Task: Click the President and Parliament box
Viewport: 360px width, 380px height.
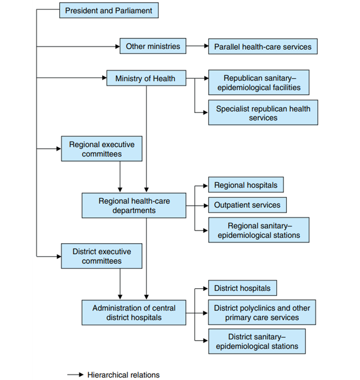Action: pyautogui.click(x=109, y=10)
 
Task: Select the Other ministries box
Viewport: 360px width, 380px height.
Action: pyautogui.click(x=153, y=46)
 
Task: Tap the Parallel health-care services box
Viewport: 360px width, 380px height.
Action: pyautogui.click(x=263, y=46)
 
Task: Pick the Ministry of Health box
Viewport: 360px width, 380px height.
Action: pyautogui.click(x=146, y=78)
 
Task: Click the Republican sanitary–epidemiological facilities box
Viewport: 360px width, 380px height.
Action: pyautogui.click(x=259, y=82)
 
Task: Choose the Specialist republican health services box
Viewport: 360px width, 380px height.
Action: pyautogui.click(x=263, y=112)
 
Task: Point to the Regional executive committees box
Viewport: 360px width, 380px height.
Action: pyautogui.click(x=102, y=149)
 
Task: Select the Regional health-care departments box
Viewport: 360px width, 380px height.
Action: pyautogui.click(x=134, y=205)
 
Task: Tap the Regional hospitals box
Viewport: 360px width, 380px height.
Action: pyautogui.click(x=246, y=185)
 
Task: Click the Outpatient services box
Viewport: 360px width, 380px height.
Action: pyautogui.click(x=247, y=205)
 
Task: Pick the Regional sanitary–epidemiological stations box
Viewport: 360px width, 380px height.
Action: pyautogui.click(x=259, y=230)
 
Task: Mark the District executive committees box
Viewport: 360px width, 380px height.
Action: pyautogui.click(x=102, y=256)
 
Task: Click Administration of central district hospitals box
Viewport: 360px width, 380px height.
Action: pyautogui.click(x=134, y=313)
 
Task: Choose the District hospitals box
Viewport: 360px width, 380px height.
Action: pyautogui.click(x=242, y=288)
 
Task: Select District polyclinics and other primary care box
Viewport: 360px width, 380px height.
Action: pyautogui.click(x=262, y=313)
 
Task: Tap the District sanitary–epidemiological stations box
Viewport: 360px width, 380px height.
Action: pyautogui.click(x=257, y=341)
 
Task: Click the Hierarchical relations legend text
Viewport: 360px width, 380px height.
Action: pyautogui.click(x=123, y=375)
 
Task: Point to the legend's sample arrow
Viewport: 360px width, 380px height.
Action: pyautogui.click(x=75, y=375)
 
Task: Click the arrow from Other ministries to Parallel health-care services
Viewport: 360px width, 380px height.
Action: pyautogui.click(x=197, y=46)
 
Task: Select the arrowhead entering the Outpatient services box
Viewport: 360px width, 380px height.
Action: pyautogui.click(x=206, y=206)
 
